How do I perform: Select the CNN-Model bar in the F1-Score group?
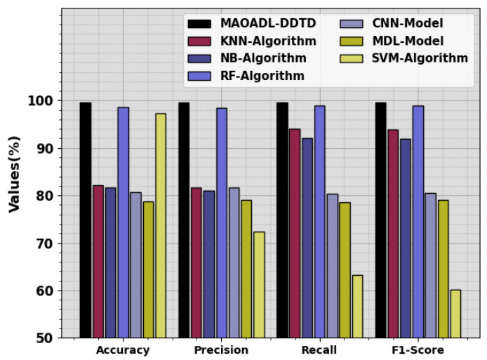(431, 266)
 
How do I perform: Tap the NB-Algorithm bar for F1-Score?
(406, 239)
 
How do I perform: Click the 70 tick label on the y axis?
(46, 244)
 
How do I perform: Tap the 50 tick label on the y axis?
(46, 338)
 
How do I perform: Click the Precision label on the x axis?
(222, 350)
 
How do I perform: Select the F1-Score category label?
(418, 350)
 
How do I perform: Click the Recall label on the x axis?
(320, 350)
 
